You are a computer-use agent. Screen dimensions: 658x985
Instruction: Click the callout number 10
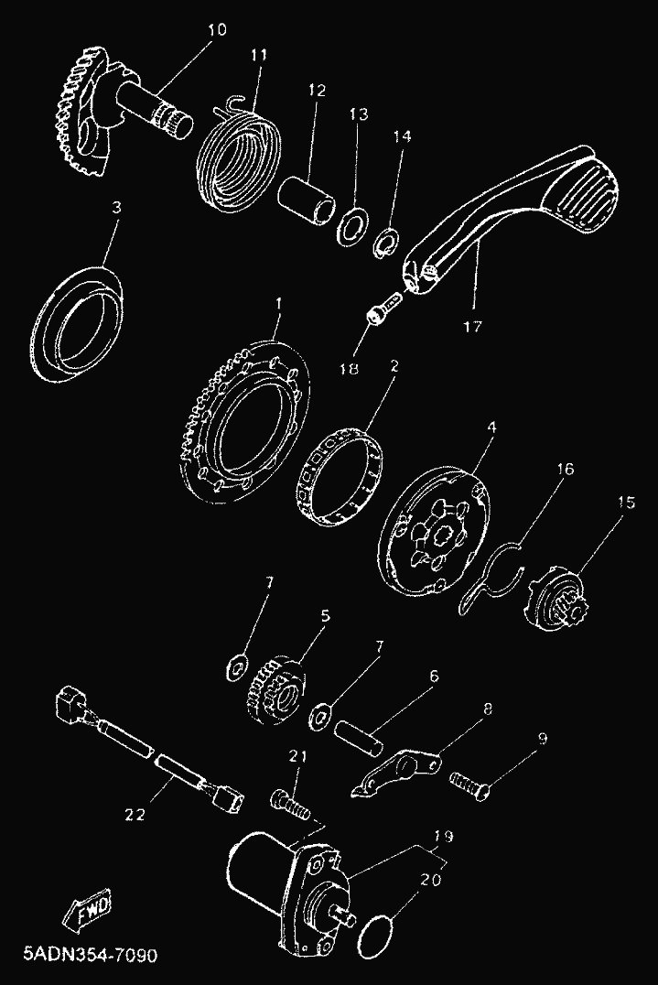point(217,29)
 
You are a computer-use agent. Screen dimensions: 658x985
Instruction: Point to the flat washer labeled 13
point(355,225)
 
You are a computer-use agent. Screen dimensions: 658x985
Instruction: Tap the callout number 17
point(473,327)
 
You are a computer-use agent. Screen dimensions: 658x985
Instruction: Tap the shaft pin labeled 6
point(358,734)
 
